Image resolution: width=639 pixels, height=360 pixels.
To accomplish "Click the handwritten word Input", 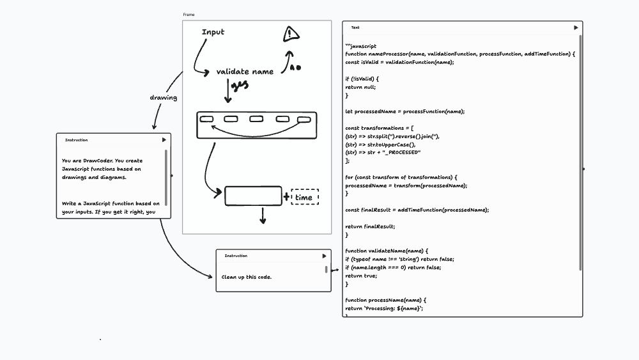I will point(213,32).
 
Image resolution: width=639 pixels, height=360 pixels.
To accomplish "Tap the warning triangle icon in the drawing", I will point(291,33).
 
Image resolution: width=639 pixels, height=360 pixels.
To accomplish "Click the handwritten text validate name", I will point(245,72).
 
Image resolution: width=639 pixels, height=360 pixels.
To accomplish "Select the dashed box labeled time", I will point(305,197).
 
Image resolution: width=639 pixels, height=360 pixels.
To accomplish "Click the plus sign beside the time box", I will point(286,196).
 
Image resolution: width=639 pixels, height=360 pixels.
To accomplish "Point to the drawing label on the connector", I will point(163,98).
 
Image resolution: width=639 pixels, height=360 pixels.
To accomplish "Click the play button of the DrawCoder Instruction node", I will point(164,139).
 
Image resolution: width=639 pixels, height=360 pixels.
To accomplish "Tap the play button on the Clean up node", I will point(324,256).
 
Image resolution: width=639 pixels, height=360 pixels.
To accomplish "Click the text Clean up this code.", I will point(247,277).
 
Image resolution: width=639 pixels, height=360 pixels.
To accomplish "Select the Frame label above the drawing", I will point(189,14).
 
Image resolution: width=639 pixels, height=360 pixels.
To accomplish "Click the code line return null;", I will point(360,87).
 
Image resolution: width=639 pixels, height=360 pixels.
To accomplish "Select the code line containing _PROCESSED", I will point(383,152).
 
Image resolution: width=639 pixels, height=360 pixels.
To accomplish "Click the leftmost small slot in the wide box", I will point(206,118).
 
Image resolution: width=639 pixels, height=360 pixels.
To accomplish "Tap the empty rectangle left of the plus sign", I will point(253,196).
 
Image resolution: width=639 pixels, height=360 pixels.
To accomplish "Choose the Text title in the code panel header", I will point(355,27).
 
